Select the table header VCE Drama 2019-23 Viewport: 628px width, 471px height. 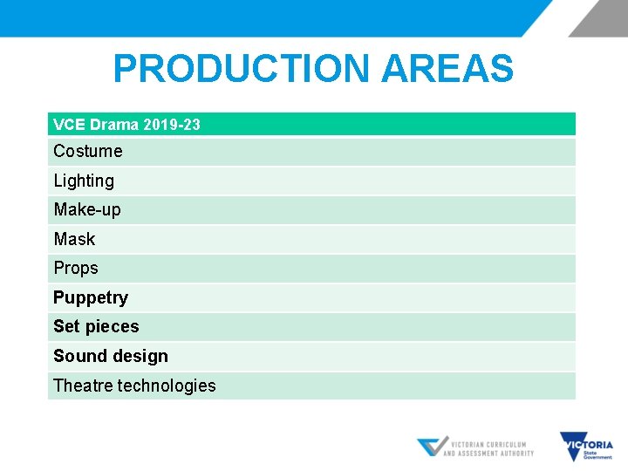pyautogui.click(x=126, y=125)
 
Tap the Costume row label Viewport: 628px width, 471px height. pyautogui.click(x=88, y=151)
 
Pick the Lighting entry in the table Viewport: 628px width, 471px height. pyautogui.click(x=84, y=181)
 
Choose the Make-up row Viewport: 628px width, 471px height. pyautogui.click(x=87, y=209)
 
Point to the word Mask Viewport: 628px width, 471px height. pyautogui.click(x=74, y=239)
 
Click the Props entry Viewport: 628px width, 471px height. pyautogui.click(x=76, y=268)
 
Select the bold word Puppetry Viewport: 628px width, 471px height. pyautogui.click(x=91, y=297)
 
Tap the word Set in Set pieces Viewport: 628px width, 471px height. pyautogui.click(x=66, y=326)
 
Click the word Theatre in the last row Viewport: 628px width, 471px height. pyautogui.click(x=83, y=386)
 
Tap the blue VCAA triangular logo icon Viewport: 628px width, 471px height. pyautogui.click(x=432, y=447)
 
